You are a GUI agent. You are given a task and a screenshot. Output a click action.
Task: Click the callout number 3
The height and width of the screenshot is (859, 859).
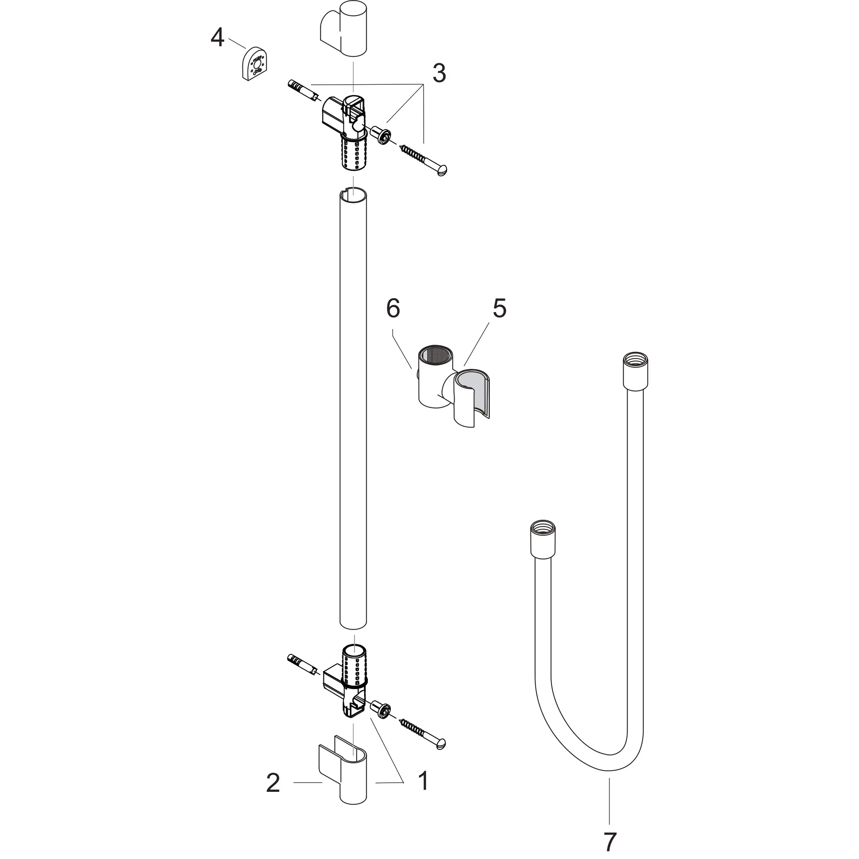pos(439,73)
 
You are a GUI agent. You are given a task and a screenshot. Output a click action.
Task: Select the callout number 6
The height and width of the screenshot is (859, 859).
pos(393,308)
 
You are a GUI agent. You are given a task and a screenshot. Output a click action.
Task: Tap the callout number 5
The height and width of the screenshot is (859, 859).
pos(499,308)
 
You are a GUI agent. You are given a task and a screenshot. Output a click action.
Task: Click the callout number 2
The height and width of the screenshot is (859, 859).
pos(273,795)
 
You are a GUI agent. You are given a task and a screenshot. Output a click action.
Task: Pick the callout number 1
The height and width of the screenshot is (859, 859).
pos(423,793)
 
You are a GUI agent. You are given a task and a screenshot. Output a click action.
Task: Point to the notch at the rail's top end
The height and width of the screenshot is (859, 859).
pos(343,192)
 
